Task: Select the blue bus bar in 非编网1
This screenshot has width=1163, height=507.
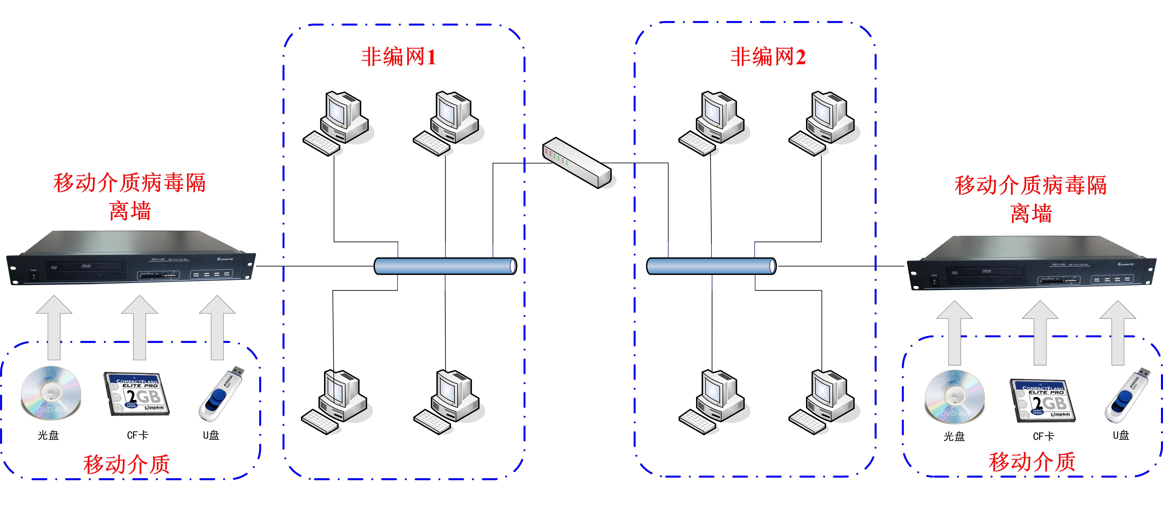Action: click(x=445, y=266)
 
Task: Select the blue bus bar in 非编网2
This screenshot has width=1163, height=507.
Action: click(x=711, y=266)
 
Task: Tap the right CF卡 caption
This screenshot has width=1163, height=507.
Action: click(x=1043, y=436)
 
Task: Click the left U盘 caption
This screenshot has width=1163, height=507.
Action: click(x=211, y=435)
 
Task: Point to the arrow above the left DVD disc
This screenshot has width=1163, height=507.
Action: click(x=54, y=327)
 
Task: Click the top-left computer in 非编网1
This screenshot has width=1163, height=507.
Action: click(x=336, y=123)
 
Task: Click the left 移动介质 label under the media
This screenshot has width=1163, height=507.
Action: click(x=126, y=464)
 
